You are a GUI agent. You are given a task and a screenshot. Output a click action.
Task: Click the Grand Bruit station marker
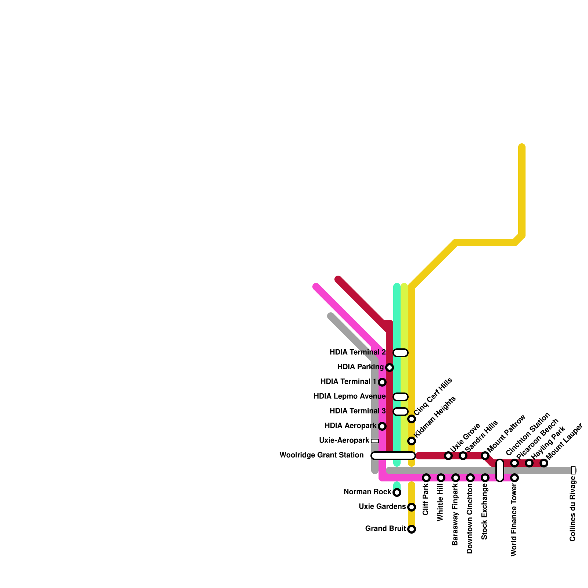(412, 529)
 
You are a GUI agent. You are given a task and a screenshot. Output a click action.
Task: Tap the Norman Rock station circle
(397, 492)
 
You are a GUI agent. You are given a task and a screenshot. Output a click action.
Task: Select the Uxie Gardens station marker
(412, 507)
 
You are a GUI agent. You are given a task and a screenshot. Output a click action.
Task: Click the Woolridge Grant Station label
(322, 455)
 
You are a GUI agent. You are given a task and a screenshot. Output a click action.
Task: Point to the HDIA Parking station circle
(390, 367)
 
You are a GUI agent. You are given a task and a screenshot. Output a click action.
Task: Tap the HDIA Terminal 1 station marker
(382, 382)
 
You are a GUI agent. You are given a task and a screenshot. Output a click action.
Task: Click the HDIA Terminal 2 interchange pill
(401, 353)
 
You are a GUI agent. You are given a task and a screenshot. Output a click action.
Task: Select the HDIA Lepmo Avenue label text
(349, 397)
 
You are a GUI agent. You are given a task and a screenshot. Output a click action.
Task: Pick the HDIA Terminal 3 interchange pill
(401, 412)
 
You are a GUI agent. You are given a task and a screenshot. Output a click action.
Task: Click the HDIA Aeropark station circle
(382, 426)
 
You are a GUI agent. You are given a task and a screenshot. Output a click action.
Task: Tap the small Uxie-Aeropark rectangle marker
(375, 441)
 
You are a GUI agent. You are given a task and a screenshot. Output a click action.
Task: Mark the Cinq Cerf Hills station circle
(412, 419)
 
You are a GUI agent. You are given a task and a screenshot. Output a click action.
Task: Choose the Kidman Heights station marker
(412, 441)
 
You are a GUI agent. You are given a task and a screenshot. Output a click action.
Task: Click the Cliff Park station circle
(426, 478)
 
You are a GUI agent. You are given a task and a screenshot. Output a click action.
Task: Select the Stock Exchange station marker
(485, 478)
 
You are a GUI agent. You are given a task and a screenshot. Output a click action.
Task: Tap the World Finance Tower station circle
(514, 478)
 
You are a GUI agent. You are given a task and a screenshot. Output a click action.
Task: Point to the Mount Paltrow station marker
(485, 456)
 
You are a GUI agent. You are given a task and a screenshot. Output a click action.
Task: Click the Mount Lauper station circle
(544, 463)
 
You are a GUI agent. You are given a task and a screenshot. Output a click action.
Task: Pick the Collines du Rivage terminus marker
(573, 470)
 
